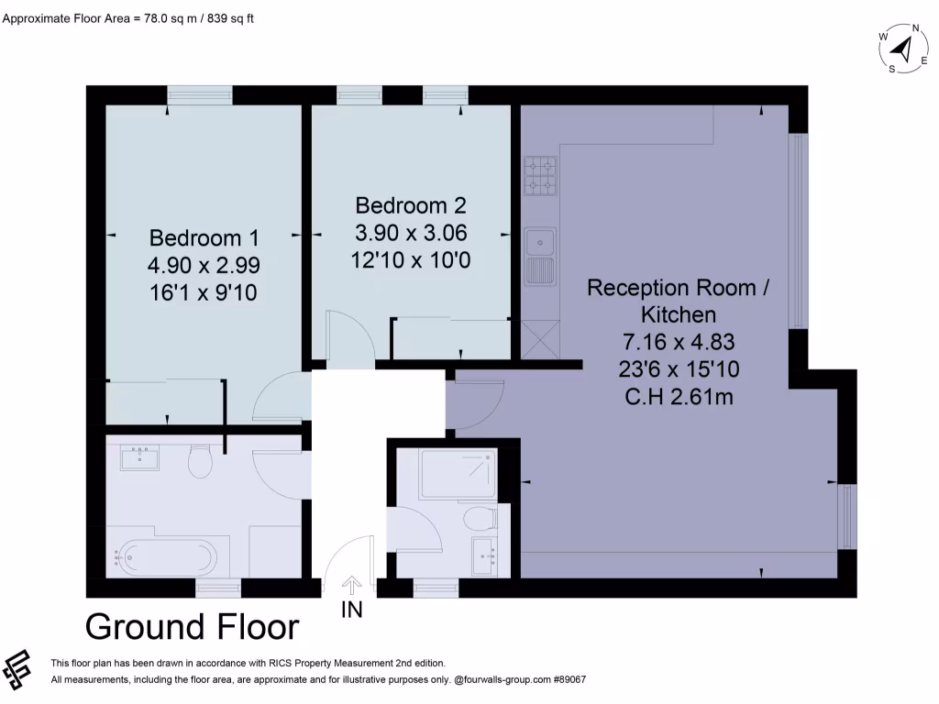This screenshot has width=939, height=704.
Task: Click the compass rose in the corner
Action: [904, 49]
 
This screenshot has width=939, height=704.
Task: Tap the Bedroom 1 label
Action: [204, 237]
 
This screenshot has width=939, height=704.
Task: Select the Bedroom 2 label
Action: [410, 205]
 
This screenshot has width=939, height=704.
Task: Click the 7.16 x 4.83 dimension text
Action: [679, 342]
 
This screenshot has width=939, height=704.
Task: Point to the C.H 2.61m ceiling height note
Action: [679, 397]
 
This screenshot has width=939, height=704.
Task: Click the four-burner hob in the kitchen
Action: [540, 176]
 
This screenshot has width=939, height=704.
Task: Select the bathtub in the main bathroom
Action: [165, 558]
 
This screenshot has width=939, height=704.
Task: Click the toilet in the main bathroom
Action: [200, 462]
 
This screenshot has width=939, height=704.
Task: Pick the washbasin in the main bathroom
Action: [139, 458]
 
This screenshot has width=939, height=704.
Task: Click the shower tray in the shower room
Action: [458, 474]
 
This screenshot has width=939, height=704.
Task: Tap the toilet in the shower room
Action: [481, 518]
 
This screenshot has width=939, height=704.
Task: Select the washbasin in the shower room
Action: [484, 556]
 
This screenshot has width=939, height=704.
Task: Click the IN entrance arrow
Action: [351, 586]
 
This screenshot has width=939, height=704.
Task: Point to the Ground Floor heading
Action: [193, 627]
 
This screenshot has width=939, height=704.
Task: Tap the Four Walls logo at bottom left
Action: [17, 669]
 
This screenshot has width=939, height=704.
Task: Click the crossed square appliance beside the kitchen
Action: [540, 339]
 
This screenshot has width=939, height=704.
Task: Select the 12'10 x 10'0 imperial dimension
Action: [410, 260]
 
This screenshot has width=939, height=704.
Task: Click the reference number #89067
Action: [569, 679]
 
